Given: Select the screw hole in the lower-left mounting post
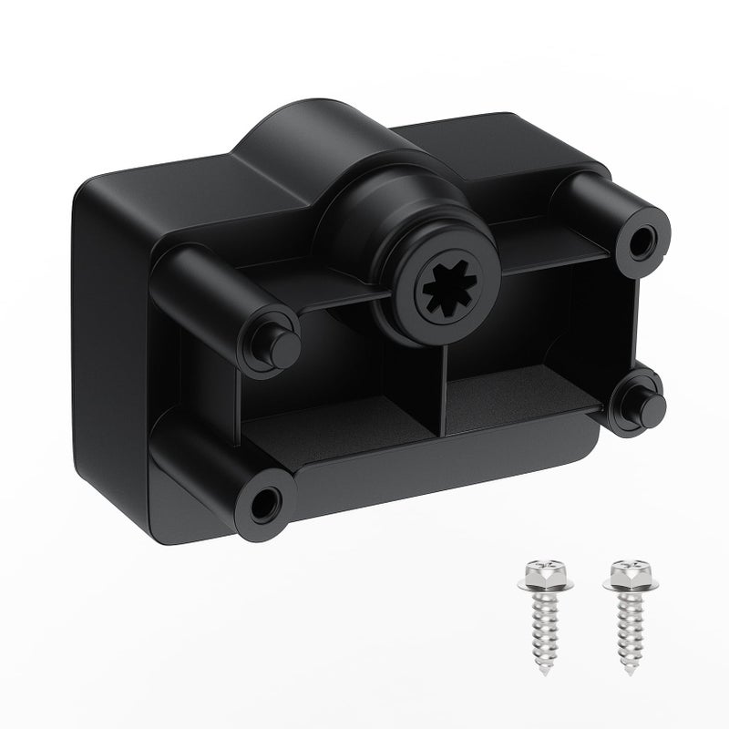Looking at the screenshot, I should tap(265, 500).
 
